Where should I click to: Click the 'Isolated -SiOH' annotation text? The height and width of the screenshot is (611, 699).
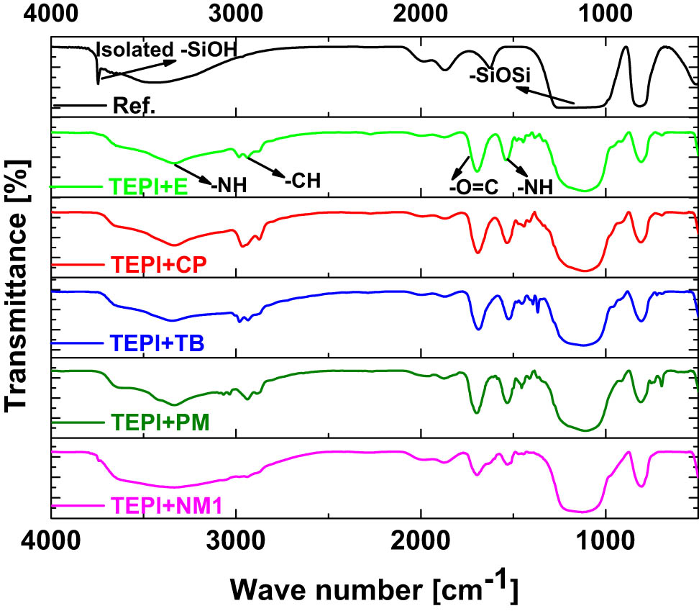coord(166,50)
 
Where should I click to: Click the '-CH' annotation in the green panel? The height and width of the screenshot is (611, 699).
coord(303,182)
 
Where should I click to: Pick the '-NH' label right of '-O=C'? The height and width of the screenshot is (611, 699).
coord(535,188)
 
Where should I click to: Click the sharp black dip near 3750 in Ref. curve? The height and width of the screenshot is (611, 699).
coord(99,81)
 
